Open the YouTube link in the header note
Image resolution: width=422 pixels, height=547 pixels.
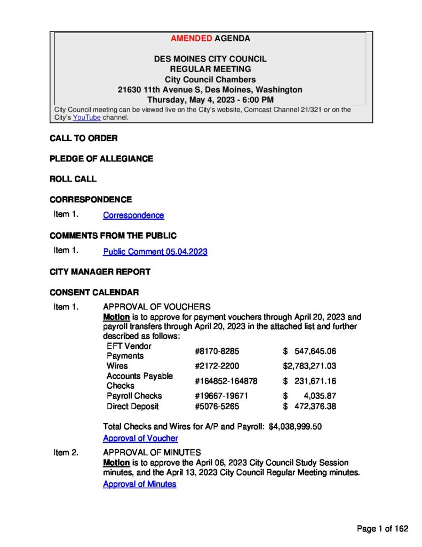pyautogui.click(x=86, y=118)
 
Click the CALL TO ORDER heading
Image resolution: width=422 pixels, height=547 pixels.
pyautogui.click(x=84, y=138)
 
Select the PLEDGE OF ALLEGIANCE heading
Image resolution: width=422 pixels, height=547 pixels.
pyautogui.click(x=101, y=159)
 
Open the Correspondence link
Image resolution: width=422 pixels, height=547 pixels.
pyautogui.click(x=133, y=215)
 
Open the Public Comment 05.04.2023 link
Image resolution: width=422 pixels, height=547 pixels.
pyautogui.click(x=155, y=252)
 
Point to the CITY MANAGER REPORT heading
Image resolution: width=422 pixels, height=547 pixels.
pyautogui.click(x=100, y=272)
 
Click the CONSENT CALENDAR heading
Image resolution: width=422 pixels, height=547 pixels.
pyautogui.click(x=94, y=292)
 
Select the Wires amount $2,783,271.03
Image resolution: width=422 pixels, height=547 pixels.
pyautogui.click(x=309, y=366)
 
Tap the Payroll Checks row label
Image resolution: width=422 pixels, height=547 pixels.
pyautogui.click(x=134, y=396)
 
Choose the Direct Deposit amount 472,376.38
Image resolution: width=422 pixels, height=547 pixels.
pyautogui.click(x=315, y=407)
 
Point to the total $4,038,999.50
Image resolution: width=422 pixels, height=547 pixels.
pyautogui.click(x=295, y=427)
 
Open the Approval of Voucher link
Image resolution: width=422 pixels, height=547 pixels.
pyautogui.click(x=140, y=438)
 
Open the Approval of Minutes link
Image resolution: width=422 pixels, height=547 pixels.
pyautogui.click(x=139, y=484)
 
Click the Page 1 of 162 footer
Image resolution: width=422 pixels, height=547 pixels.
pyautogui.click(x=383, y=529)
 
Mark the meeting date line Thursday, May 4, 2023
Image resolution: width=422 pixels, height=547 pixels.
pyautogui.click(x=210, y=99)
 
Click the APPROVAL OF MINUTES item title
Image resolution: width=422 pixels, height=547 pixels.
pyautogui.click(x=152, y=453)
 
